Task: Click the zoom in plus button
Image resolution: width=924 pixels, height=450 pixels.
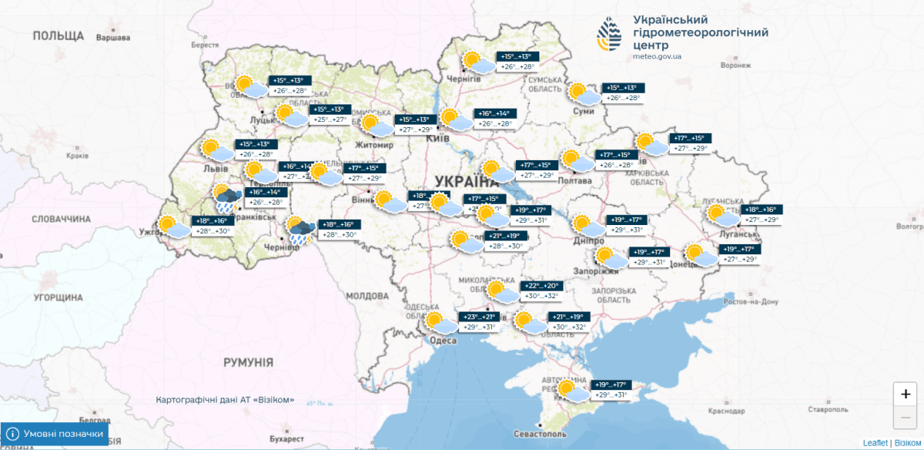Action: (x=905, y=393)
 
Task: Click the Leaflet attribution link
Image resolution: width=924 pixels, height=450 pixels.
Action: (x=875, y=443)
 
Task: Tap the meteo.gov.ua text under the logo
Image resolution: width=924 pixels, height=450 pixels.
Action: (x=656, y=56)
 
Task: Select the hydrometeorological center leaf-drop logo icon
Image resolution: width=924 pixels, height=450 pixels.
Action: (x=611, y=34)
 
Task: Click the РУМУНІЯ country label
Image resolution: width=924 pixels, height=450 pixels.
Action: (x=248, y=361)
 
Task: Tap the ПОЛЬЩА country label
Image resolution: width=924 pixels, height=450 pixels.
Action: (x=58, y=35)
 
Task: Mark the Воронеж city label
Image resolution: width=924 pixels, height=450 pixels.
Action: (x=735, y=65)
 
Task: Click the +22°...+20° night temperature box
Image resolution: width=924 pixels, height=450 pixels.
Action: (x=542, y=286)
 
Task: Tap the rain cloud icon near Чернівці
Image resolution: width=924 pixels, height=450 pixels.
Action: (x=299, y=230)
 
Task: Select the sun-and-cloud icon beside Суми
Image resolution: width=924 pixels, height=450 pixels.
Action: (x=582, y=94)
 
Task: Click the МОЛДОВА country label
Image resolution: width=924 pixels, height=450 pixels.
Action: (x=367, y=296)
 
